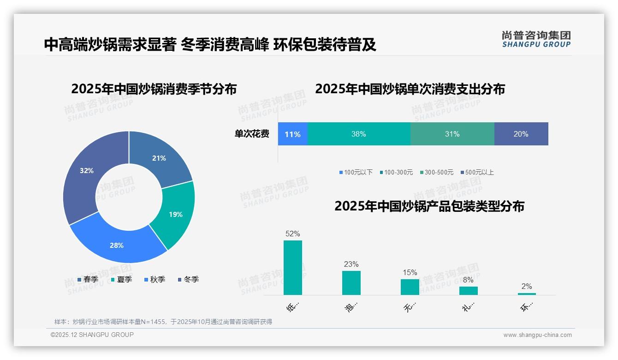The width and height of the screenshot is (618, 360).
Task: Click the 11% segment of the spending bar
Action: [x=292, y=134]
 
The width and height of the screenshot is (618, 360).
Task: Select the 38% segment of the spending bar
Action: [x=358, y=134]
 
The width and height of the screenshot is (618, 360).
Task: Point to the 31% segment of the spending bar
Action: [x=452, y=134]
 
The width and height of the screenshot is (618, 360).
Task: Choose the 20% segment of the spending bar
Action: [x=521, y=134]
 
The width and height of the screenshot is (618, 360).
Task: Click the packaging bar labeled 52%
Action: [x=293, y=268]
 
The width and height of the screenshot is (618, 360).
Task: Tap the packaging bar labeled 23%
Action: [x=351, y=282]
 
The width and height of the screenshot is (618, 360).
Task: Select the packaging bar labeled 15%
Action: [x=410, y=287]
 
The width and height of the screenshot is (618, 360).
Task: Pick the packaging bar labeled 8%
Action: [x=468, y=290]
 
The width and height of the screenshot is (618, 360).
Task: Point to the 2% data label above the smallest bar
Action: [x=527, y=286]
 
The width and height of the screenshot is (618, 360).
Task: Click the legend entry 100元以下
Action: [x=356, y=172]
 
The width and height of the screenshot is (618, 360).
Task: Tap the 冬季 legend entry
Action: [x=188, y=279]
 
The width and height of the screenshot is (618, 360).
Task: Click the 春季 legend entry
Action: [x=88, y=279]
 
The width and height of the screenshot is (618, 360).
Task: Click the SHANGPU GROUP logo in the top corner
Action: [x=536, y=39]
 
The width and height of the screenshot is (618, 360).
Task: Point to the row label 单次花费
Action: [x=252, y=134]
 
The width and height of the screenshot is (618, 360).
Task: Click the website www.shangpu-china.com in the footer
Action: [x=537, y=335]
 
